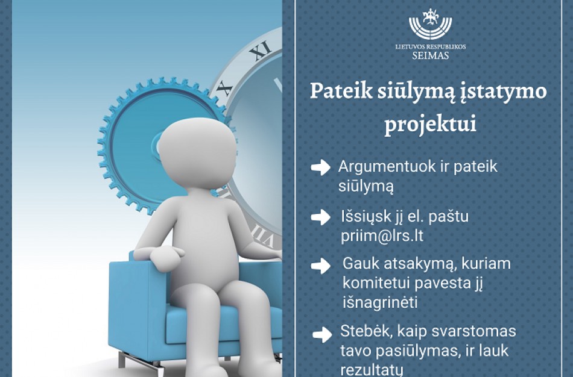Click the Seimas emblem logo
(x=430, y=25)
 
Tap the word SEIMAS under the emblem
(x=430, y=56)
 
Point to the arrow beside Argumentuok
(x=320, y=168)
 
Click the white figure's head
(x=193, y=151)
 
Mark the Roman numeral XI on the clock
(x=260, y=53)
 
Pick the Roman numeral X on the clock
(x=224, y=89)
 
